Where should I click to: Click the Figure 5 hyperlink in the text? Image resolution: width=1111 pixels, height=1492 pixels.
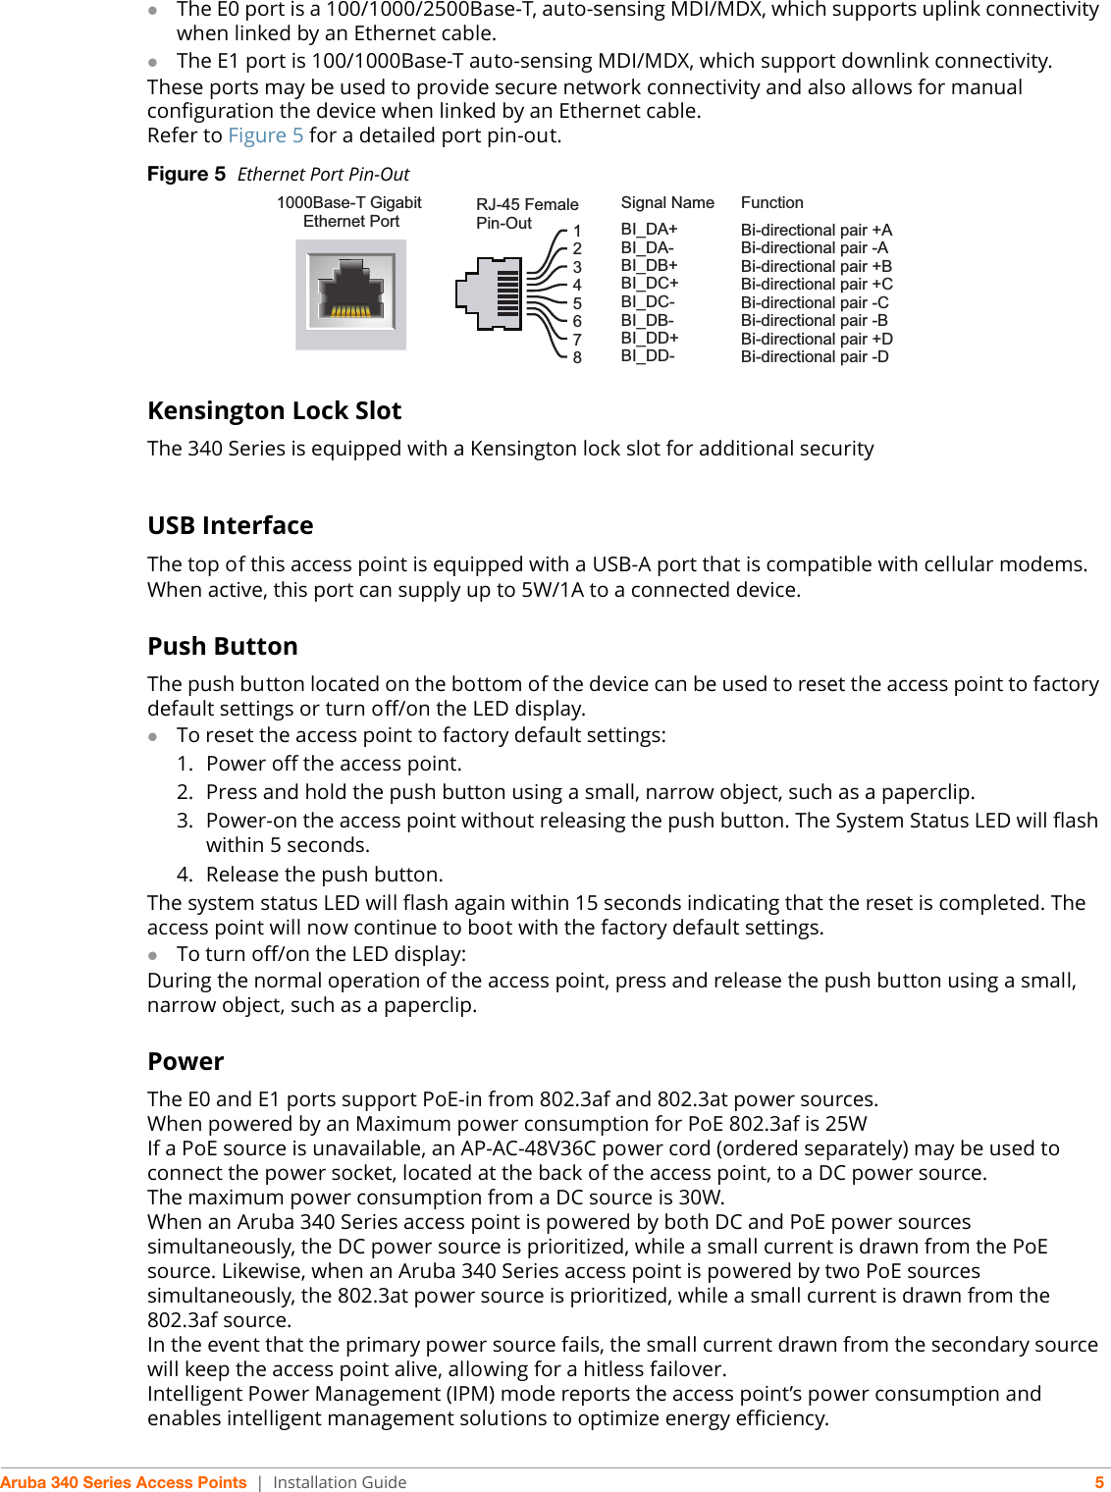coord(265,135)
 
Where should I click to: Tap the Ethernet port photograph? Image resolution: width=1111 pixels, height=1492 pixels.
coord(350,294)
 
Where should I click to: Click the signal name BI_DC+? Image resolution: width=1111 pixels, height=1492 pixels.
coord(649,284)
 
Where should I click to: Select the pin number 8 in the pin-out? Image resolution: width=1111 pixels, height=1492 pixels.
coord(577,358)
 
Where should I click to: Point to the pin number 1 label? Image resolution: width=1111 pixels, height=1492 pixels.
coord(577,232)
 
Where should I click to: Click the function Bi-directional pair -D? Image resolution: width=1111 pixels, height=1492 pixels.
coord(815,357)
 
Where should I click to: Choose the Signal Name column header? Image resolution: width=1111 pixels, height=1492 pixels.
coord(667,203)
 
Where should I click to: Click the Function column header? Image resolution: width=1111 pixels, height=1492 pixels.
coord(771,203)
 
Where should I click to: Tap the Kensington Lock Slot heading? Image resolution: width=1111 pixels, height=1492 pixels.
coord(275,411)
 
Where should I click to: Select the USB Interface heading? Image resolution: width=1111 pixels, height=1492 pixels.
coord(231,526)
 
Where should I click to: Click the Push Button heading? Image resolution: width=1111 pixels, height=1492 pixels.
coord(223,647)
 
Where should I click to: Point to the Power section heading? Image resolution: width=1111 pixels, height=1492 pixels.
coord(185,1062)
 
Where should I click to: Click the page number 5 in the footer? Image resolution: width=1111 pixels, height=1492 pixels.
coord(1099,1482)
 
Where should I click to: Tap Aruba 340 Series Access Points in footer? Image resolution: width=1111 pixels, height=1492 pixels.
coord(124,1482)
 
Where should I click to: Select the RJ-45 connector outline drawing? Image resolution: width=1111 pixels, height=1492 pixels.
coord(488,293)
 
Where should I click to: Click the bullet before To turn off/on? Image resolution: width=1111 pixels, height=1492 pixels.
coord(153,955)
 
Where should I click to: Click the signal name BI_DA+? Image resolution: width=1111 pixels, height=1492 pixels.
coord(649,230)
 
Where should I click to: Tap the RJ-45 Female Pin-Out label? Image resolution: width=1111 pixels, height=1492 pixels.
coord(527,214)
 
